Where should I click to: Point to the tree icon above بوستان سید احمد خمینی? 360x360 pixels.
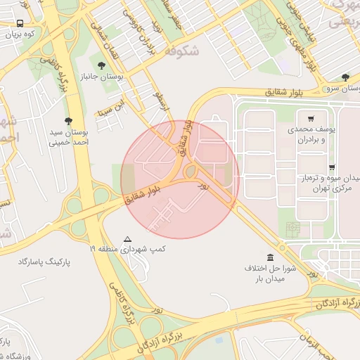coord(68,120)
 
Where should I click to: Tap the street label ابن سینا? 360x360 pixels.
coord(115,110)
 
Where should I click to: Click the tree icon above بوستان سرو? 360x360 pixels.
coord(345,77)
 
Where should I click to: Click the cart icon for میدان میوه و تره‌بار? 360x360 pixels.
coord(331,167)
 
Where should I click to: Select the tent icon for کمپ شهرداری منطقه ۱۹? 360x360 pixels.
coord(127,239)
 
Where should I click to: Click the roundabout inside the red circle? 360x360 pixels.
coord(191,171)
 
